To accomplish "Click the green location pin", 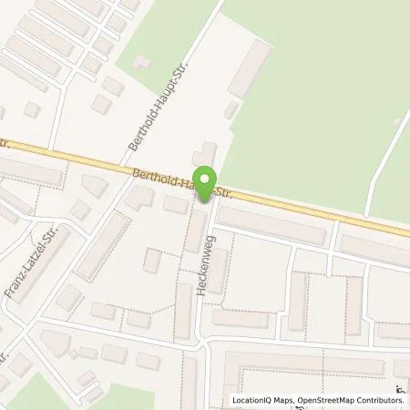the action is point(207,186).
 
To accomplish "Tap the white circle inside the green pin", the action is point(207,180).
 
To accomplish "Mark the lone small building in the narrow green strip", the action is point(141,61).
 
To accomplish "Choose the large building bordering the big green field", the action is point(250,68).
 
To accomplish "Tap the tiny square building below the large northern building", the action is point(231,110).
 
